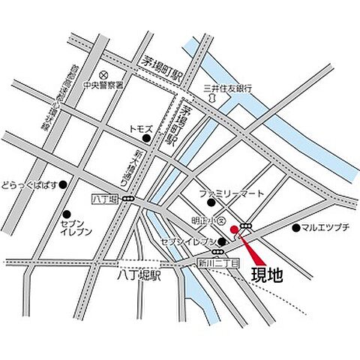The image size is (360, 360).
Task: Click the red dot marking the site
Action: [x=234, y=228]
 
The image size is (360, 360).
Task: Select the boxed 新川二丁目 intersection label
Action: [x=218, y=262]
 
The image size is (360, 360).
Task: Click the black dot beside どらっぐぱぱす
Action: [x=64, y=184]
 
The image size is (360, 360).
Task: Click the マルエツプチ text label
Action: [x=327, y=227]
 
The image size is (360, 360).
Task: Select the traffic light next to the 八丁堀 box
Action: [x=128, y=199]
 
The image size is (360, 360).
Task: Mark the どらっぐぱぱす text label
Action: [x=30, y=184]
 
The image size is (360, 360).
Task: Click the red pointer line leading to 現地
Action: [x=247, y=247]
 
